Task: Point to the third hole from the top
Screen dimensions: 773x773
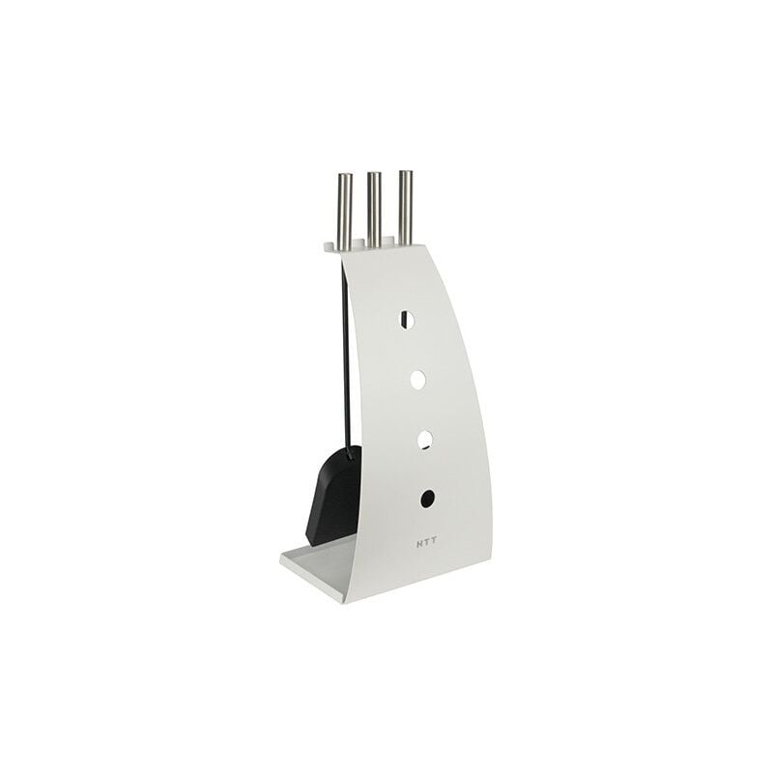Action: point(424,439)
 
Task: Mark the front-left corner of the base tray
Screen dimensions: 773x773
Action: point(280,558)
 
